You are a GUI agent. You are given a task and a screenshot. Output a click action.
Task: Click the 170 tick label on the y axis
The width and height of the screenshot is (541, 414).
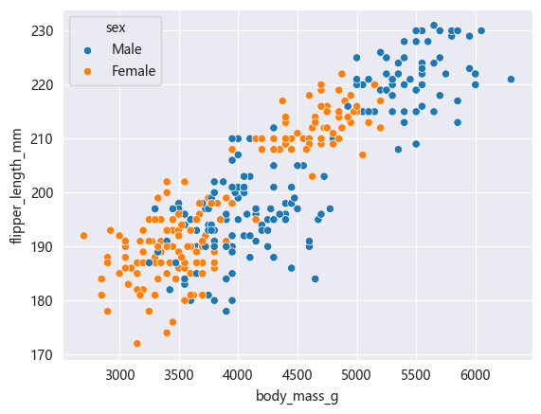pos(45,354)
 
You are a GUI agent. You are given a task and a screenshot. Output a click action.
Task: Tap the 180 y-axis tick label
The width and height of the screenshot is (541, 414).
pos(45,300)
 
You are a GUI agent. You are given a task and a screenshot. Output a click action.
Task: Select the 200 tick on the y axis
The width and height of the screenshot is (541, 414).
pos(45,192)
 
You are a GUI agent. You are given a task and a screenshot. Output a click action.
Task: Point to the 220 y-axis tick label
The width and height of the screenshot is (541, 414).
pos(45,84)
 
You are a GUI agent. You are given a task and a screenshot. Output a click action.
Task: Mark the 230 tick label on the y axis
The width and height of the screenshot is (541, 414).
pos(45,30)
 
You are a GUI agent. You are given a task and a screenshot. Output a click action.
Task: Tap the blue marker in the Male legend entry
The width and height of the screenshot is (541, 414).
pos(88,49)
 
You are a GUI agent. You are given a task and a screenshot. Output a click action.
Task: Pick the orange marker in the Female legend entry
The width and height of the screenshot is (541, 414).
pos(88,70)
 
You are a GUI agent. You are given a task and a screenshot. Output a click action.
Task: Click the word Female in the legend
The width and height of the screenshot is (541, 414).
pos(134,70)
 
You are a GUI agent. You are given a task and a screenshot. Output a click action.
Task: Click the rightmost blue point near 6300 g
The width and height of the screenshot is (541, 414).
pos(511,80)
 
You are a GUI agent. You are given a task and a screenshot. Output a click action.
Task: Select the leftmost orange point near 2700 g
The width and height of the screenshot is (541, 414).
pos(83,236)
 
